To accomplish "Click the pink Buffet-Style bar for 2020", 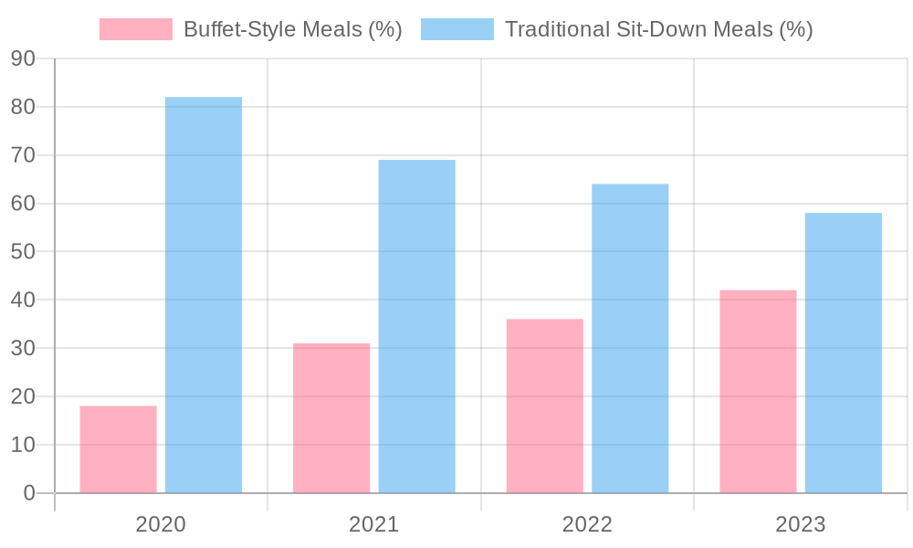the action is click(118, 449).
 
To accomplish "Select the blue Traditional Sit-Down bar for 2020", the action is click(204, 295).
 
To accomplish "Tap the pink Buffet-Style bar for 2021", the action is click(331, 418).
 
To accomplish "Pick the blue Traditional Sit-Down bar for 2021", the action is click(417, 327).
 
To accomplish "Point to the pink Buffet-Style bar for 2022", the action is click(545, 406).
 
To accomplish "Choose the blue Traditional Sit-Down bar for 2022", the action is click(630, 338).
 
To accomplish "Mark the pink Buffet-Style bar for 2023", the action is click(758, 392).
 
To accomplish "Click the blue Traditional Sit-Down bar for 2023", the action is click(844, 353).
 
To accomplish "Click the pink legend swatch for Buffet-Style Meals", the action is click(136, 29).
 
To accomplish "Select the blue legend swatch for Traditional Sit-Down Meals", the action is click(457, 29).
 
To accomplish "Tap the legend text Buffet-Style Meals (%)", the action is click(293, 29).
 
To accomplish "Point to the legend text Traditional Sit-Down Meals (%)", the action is click(658, 29).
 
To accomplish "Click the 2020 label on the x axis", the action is click(161, 524).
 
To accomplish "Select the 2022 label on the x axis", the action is click(587, 524).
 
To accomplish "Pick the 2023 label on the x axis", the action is click(800, 524).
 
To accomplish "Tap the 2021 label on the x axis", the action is click(373, 524).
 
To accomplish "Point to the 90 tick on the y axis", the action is click(24, 58).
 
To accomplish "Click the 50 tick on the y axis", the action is click(24, 251).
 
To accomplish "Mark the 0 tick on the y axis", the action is click(29, 493).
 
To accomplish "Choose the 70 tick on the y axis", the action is click(24, 155).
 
